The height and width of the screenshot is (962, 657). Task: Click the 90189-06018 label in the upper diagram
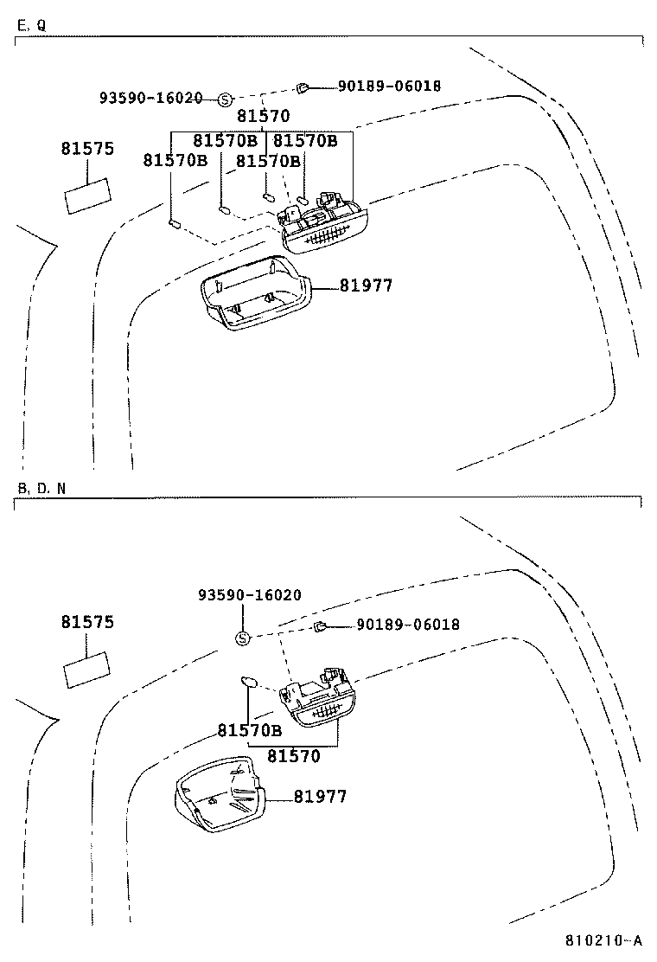(389, 87)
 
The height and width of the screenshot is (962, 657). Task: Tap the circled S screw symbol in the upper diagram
(225, 99)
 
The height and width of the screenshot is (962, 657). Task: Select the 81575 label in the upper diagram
(87, 149)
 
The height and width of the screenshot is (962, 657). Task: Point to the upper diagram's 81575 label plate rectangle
(86, 195)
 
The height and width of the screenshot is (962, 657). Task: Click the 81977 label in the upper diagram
(366, 285)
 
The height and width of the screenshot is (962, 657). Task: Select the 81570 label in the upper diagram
(263, 116)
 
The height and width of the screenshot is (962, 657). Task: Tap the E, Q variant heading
(31, 26)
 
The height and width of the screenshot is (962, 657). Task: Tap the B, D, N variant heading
(41, 488)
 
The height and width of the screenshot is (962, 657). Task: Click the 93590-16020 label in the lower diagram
(250, 595)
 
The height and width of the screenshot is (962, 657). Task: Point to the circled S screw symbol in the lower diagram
(243, 639)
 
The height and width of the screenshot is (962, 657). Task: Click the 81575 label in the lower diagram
(87, 622)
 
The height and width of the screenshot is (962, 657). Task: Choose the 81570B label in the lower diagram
(249, 730)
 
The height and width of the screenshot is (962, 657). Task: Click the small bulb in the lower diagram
(248, 683)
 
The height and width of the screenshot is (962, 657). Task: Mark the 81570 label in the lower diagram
(293, 756)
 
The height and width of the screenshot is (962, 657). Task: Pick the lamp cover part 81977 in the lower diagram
(218, 794)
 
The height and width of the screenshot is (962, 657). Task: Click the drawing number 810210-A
(604, 941)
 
